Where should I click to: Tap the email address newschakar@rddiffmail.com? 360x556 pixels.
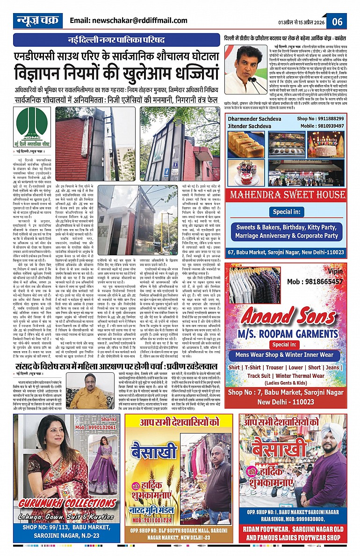(128, 21)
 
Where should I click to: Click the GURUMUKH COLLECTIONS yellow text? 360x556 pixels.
(65, 504)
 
